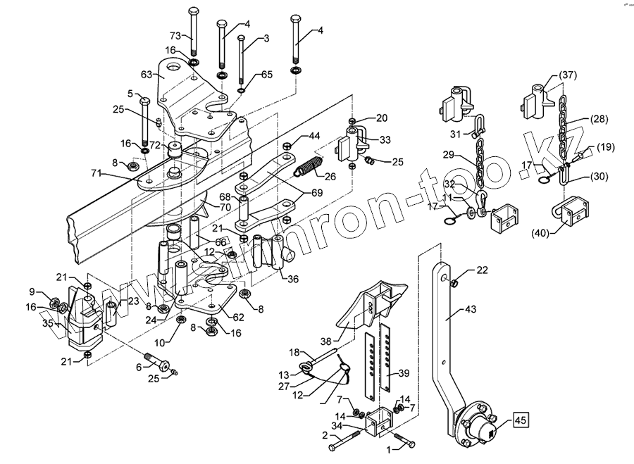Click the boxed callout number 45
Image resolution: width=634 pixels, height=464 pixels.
pyautogui.click(x=520, y=422)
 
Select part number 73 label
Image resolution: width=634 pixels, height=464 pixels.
pyautogui.click(x=175, y=35)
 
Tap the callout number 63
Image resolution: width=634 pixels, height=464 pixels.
pyautogui.click(x=147, y=74)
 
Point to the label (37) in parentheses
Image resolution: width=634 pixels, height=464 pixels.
pyautogui.click(x=568, y=75)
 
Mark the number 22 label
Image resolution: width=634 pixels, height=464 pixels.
pyautogui.click(x=481, y=270)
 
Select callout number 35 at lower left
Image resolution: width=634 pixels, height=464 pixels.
pyautogui.click(x=48, y=324)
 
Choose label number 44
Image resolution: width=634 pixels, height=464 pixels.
pyautogui.click(x=313, y=135)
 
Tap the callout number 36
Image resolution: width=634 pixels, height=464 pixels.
pyautogui.click(x=292, y=279)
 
